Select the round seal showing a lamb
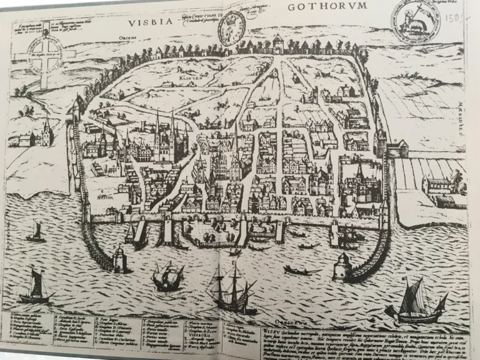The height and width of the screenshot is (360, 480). tap(416, 21)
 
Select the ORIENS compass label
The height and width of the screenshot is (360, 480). tap(121, 38)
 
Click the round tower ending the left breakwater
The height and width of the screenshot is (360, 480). tap(119, 257)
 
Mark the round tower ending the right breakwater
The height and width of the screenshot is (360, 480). tap(342, 264)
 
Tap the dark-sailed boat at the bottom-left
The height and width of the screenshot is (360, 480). tap(35, 286)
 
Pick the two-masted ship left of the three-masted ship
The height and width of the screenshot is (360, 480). tap(167, 275)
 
